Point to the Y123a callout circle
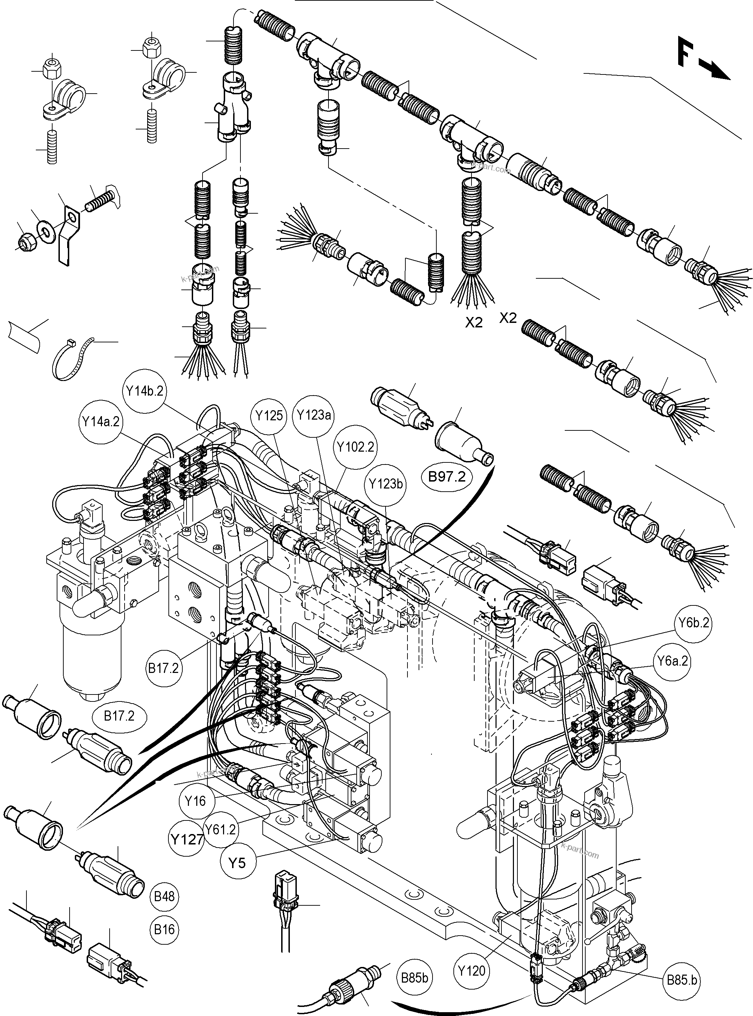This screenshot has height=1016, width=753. click(314, 415)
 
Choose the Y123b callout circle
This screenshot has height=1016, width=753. click(386, 484)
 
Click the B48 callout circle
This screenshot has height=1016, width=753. click(164, 897)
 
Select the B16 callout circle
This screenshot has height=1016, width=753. click(164, 929)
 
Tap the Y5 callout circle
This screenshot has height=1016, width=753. click(237, 863)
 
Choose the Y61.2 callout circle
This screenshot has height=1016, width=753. click(221, 830)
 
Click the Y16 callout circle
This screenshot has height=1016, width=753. click(196, 801)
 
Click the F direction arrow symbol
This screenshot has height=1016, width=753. click(702, 59)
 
